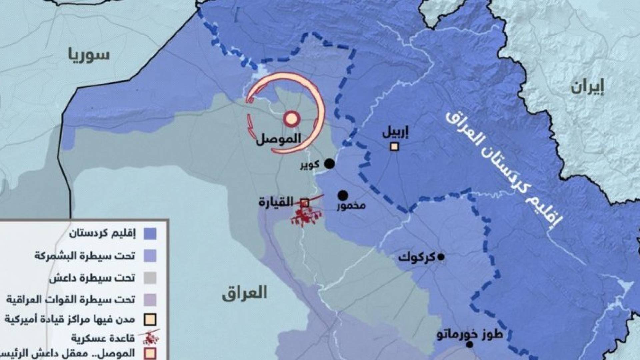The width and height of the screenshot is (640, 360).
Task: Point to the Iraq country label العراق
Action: (245, 292)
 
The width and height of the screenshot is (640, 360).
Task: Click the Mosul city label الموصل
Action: (279, 138)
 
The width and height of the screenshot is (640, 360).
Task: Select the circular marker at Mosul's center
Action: (291, 119)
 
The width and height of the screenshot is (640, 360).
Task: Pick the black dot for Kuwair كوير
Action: (329, 164)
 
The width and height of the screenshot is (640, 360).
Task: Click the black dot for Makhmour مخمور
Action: (343, 195)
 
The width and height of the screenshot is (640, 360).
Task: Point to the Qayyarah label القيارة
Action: (276, 202)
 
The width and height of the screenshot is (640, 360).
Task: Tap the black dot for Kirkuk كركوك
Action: (441, 257)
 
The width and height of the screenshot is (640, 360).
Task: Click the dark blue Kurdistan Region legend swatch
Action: (150, 234)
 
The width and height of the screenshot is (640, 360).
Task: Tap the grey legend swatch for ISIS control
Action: (150, 278)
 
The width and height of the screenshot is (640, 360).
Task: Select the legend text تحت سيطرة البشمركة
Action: (85, 256)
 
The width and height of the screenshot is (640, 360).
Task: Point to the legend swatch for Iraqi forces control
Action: (150, 300)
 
